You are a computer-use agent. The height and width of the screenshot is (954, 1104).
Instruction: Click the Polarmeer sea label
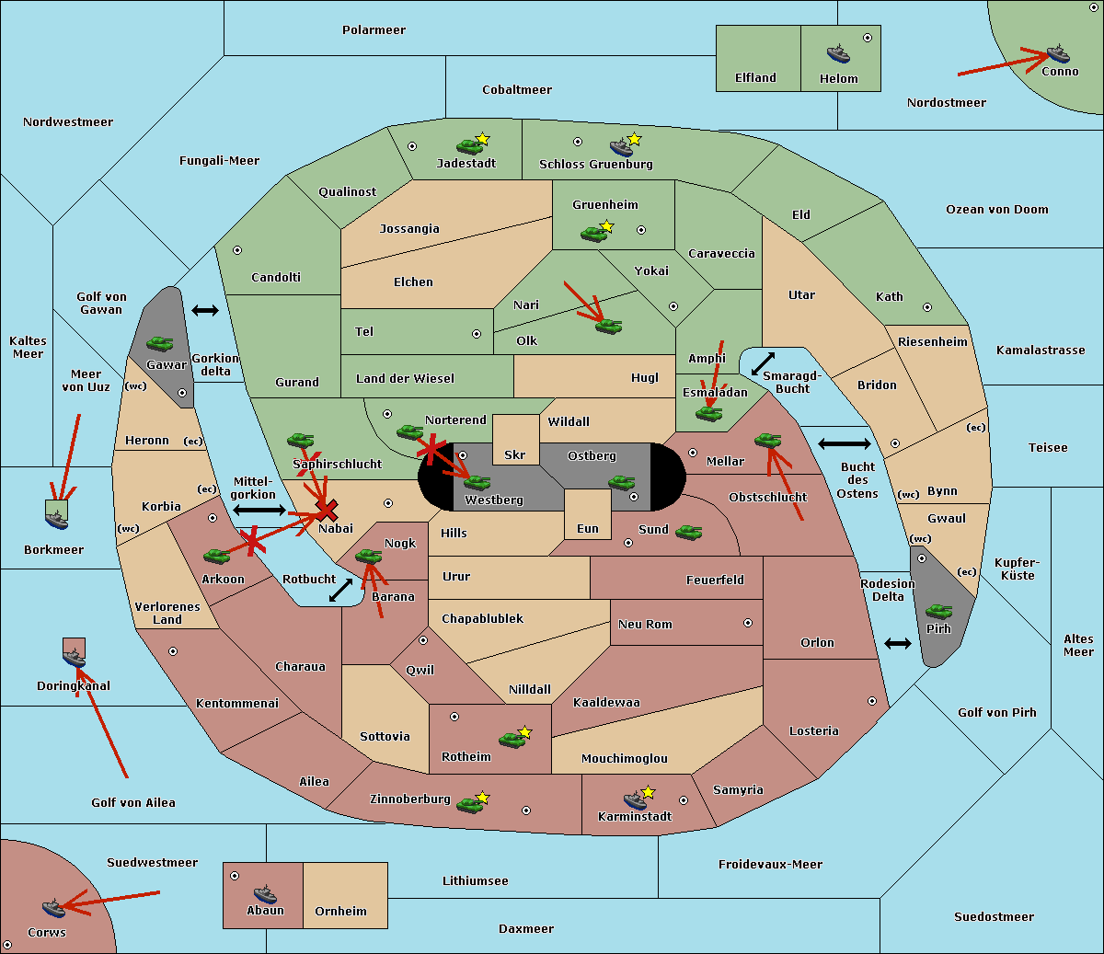(374, 30)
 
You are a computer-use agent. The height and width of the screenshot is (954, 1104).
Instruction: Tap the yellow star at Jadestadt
(482, 139)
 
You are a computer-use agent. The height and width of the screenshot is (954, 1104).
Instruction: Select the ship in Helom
(838, 53)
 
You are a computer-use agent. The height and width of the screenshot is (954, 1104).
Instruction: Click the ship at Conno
(1057, 54)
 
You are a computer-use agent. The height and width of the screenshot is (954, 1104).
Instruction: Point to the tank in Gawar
(160, 343)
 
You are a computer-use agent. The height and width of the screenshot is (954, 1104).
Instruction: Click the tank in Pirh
(938, 611)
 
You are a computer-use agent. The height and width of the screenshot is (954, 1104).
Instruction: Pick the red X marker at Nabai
(327, 510)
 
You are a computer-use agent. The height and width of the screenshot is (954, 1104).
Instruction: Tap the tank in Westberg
(477, 482)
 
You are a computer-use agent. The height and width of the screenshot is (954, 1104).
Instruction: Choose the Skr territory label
(515, 454)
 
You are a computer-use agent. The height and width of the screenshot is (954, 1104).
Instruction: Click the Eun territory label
(588, 528)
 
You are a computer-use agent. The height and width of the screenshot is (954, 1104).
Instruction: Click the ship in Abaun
(265, 893)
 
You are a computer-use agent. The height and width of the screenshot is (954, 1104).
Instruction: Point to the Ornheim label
(340, 911)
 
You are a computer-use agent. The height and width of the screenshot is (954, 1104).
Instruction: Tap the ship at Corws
(54, 908)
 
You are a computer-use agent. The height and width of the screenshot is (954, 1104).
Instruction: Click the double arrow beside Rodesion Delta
(898, 644)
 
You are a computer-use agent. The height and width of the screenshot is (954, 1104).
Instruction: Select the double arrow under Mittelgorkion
(259, 510)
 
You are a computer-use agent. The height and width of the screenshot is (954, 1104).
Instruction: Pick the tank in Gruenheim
(593, 234)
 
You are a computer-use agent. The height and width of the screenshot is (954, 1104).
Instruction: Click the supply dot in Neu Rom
(748, 623)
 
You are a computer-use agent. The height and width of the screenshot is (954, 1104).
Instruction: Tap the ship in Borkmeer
(57, 519)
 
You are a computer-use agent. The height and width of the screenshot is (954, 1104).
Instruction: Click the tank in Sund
(688, 532)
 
